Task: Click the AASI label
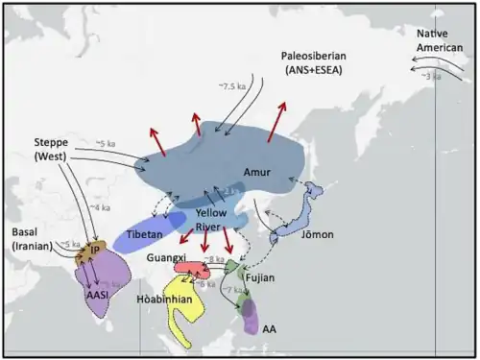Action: tap(96, 297)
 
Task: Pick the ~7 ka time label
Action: tap(233, 289)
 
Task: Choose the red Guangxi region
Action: tap(196, 270)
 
